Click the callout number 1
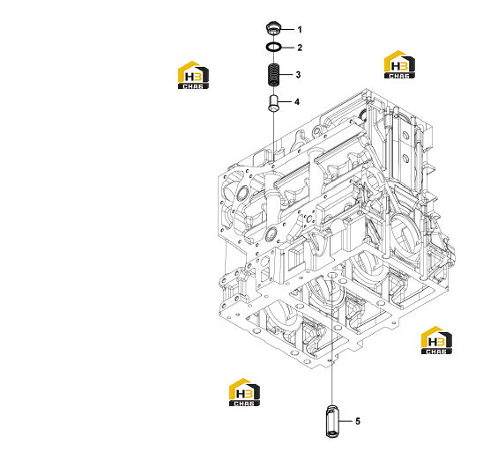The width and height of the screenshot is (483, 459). pyautogui.click(x=300, y=30)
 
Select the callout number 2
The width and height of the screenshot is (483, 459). pyautogui.click(x=300, y=48)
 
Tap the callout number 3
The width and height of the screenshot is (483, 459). pyautogui.click(x=298, y=75)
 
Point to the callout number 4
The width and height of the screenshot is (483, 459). pyautogui.click(x=297, y=101)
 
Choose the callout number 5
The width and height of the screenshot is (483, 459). pyautogui.click(x=358, y=421)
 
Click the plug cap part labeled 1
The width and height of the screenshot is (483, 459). pyautogui.click(x=273, y=28)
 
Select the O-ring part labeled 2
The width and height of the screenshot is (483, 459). pyautogui.click(x=273, y=47)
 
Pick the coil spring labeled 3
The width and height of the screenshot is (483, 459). pyautogui.click(x=273, y=75)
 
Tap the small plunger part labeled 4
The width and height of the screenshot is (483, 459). pyautogui.click(x=273, y=103)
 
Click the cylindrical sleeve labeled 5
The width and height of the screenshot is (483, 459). pyautogui.click(x=332, y=421)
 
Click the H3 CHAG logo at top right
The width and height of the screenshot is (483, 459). pyautogui.click(x=399, y=64)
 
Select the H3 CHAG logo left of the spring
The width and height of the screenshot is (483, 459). pyautogui.click(x=193, y=75)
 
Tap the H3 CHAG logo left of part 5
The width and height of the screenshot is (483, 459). pyautogui.click(x=244, y=392)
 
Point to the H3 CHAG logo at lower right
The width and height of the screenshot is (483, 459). pyautogui.click(x=437, y=340)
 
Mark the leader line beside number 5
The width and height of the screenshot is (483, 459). pyautogui.click(x=346, y=421)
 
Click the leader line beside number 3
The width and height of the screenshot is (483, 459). pyautogui.click(x=286, y=75)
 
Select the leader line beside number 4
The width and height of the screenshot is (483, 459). pyautogui.click(x=285, y=101)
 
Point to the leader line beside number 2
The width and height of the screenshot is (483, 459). pyautogui.click(x=287, y=48)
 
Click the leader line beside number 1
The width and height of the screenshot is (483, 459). pyautogui.click(x=286, y=30)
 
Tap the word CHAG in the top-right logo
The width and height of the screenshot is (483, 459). pyautogui.click(x=399, y=76)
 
